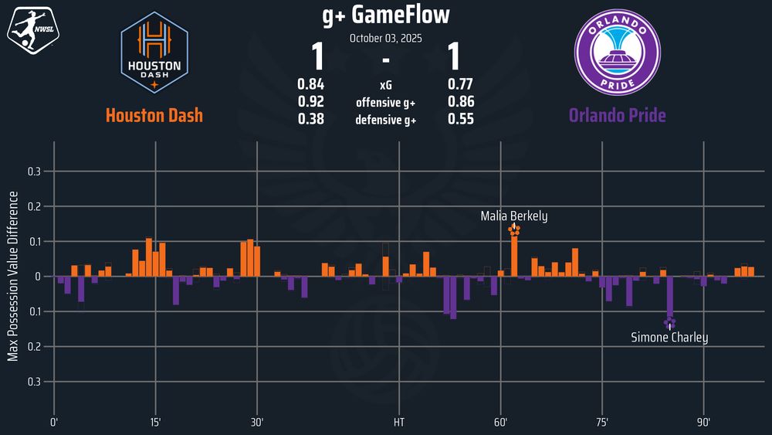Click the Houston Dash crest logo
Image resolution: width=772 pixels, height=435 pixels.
click(x=154, y=52)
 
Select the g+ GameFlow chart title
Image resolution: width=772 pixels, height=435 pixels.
click(x=385, y=15)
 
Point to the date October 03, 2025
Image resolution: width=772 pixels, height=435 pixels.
click(x=385, y=37)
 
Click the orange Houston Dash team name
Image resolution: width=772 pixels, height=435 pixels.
click(x=154, y=116)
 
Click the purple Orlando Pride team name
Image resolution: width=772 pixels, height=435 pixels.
click(x=617, y=116)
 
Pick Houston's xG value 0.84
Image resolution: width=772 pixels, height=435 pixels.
click(x=310, y=84)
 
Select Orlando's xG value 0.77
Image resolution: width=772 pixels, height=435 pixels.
click(x=461, y=84)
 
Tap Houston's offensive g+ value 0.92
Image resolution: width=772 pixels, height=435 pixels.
click(x=310, y=102)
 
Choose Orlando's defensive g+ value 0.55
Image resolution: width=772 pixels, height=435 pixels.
click(x=461, y=120)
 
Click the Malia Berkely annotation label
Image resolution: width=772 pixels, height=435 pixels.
click(x=514, y=216)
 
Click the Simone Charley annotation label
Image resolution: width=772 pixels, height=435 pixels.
click(x=669, y=338)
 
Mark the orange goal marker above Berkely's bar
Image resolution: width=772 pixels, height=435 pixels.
click(x=514, y=229)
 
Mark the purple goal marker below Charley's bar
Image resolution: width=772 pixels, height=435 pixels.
click(x=669, y=323)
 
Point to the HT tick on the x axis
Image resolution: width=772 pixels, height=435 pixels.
click(x=398, y=423)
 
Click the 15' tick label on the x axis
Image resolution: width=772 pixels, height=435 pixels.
click(x=156, y=423)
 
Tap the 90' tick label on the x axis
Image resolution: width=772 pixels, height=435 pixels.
click(x=703, y=423)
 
